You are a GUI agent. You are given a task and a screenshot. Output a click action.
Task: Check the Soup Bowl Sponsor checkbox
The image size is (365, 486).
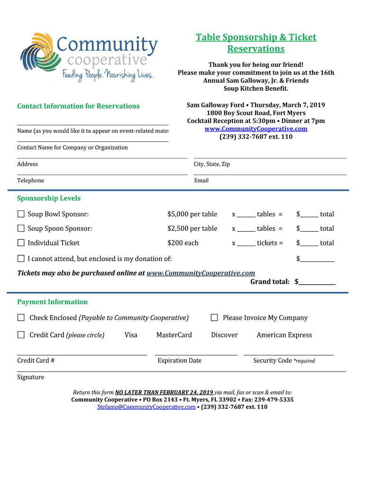click(x=21, y=214)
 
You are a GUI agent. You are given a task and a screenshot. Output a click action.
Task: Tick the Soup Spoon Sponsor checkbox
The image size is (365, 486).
click(x=21, y=228)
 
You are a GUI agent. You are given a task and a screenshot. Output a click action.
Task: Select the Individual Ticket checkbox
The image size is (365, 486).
click(x=21, y=243)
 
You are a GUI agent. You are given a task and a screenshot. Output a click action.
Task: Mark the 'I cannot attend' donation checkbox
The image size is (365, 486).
click(x=21, y=259)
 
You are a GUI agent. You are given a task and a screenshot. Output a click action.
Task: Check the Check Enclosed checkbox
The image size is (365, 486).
click(x=21, y=318)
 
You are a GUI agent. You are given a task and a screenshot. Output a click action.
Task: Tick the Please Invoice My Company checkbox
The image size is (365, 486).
click(x=214, y=318)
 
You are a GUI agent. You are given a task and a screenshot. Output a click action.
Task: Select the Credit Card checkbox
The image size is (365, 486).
click(x=21, y=335)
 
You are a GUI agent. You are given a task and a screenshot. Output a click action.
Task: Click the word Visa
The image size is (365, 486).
click(x=131, y=335)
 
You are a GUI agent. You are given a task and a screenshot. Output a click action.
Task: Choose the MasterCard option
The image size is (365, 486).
click(x=174, y=335)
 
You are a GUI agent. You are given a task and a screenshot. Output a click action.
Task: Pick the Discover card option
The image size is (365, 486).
click(x=224, y=335)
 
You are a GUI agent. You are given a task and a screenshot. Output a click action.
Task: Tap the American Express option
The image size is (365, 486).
click(x=284, y=335)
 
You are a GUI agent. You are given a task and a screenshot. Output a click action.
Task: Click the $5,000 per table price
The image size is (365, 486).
click(x=192, y=215)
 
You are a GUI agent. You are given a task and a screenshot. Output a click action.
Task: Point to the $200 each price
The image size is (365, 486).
click(x=183, y=243)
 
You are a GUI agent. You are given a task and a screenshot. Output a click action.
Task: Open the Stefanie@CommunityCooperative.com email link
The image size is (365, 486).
click(x=146, y=407)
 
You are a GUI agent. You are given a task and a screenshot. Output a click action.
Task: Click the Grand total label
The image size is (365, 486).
click(x=270, y=282)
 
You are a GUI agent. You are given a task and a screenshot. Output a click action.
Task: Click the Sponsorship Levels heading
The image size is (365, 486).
click(x=49, y=198)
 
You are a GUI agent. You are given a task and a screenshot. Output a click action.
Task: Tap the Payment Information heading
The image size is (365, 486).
click(x=52, y=302)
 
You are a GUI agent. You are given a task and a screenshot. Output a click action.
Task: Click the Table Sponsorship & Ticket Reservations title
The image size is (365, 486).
click(x=256, y=43)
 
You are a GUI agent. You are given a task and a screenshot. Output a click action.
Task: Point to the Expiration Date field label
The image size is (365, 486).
click(x=179, y=361)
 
